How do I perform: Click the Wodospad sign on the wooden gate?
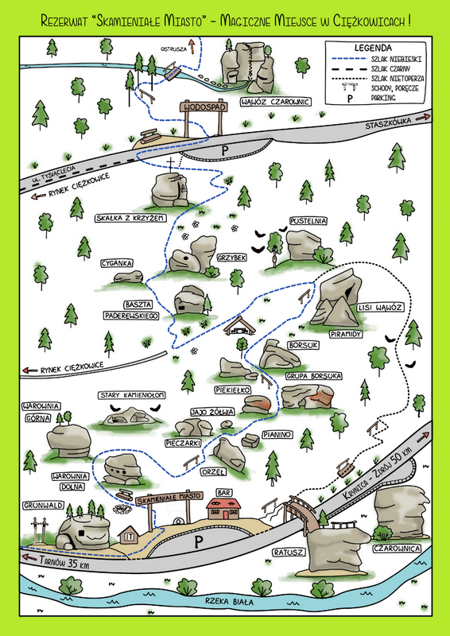tap(204, 107)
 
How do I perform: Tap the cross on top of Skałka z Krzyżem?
tap(171, 165)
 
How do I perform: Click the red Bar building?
tap(223, 508)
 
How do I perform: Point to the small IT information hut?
tap(129, 534)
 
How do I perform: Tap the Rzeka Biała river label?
tap(229, 602)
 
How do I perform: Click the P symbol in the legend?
tap(350, 99)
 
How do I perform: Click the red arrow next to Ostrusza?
tap(192, 46)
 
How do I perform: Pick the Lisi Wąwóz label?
tap(380, 308)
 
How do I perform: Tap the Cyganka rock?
tap(128, 277)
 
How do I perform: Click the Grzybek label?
tap(231, 258)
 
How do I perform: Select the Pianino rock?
tap(250, 440)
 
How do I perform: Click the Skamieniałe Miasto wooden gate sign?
tap(169, 498)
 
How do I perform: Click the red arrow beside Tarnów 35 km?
tap(29, 557)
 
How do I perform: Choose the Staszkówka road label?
tap(388, 123)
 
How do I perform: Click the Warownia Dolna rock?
tap(122, 469)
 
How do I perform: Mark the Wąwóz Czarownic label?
tap(276, 102)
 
